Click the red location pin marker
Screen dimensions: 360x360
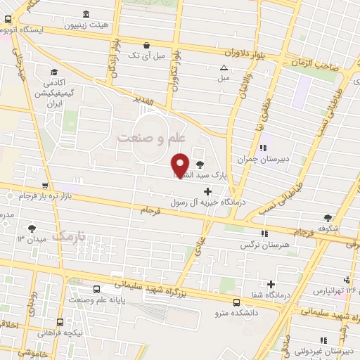click(181, 165)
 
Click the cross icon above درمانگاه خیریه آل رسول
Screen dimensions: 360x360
click(207, 191)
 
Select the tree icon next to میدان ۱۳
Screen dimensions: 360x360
click(32, 228)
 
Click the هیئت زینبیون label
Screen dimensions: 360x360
click(105, 25)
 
